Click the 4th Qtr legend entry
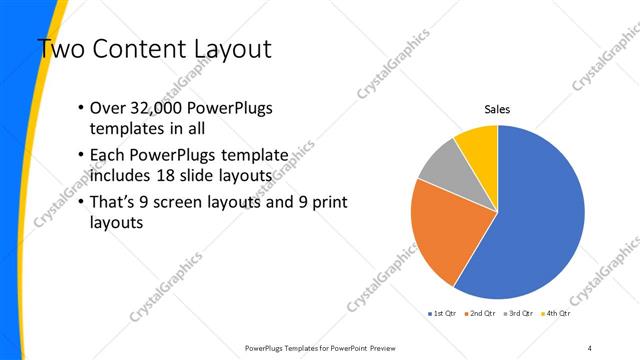(x=556, y=314)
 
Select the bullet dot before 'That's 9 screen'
(x=80, y=203)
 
